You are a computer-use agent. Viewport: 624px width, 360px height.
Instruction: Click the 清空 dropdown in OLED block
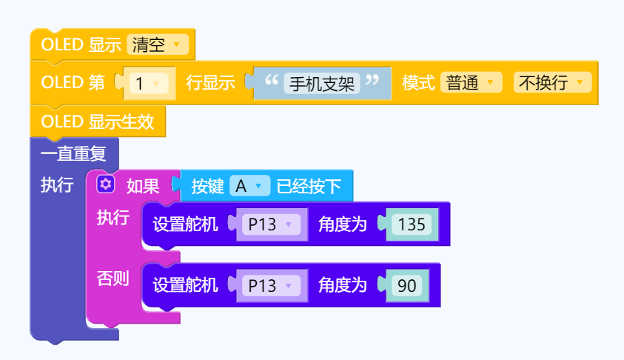(x=157, y=45)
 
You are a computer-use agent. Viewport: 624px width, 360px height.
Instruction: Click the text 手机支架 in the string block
(x=322, y=82)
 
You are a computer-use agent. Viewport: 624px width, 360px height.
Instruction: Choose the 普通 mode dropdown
(x=471, y=82)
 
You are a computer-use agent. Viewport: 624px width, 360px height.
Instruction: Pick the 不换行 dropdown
(x=551, y=82)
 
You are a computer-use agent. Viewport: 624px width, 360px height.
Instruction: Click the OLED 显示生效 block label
(x=98, y=121)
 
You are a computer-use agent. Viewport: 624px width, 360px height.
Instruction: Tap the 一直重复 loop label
(x=73, y=155)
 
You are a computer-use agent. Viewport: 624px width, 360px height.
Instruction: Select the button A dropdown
(x=249, y=186)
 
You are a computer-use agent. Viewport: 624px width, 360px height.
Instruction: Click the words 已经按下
(x=309, y=186)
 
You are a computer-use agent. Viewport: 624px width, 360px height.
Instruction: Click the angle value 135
(x=411, y=224)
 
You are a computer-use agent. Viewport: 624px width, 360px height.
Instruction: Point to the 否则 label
(x=113, y=278)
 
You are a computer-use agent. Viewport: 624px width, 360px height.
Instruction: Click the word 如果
(x=143, y=186)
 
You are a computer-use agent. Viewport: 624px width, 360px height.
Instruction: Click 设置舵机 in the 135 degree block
(x=185, y=224)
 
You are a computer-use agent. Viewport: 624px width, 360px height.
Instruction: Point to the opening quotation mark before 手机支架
(x=271, y=79)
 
